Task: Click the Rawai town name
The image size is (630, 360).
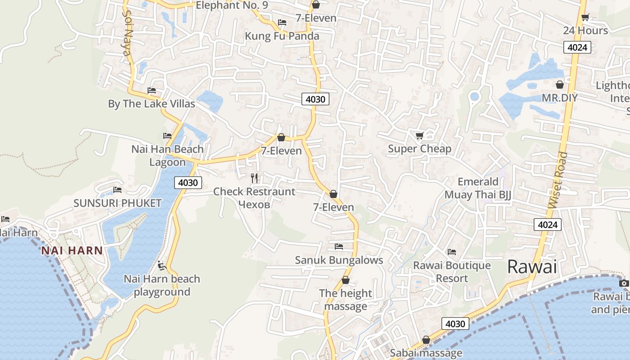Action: pyautogui.click(x=532, y=267)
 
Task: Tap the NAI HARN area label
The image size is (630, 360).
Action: pyautogui.click(x=72, y=251)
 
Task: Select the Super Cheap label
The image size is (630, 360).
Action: pyautogui.click(x=419, y=149)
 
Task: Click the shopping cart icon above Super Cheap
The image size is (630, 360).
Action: pyautogui.click(x=419, y=135)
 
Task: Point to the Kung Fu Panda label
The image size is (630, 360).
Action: pyautogui.click(x=282, y=36)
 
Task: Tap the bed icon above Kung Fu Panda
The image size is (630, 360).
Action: pyautogui.click(x=282, y=22)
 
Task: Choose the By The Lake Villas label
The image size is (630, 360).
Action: pyautogui.click(x=152, y=104)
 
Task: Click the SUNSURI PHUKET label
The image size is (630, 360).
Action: pyautogui.click(x=117, y=203)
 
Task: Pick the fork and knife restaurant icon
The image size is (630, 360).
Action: pyautogui.click(x=255, y=178)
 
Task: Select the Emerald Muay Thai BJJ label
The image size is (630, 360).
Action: pyautogui.click(x=478, y=188)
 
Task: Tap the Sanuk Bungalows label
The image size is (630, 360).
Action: pyautogui.click(x=339, y=260)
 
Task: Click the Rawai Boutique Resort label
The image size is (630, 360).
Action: pyautogui.click(x=452, y=272)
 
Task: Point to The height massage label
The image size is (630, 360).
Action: pyautogui.click(x=346, y=300)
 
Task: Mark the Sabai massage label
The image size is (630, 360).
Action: pyautogui.click(x=426, y=353)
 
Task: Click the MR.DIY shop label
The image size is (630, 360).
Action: pyautogui.click(x=559, y=98)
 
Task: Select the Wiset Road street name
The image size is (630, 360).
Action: pyautogui.click(x=558, y=180)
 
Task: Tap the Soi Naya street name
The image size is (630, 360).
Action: pyautogui.click(x=126, y=36)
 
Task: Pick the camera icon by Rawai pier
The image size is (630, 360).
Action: pyautogui.click(x=624, y=283)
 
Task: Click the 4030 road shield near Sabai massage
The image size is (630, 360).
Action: pyautogui.click(x=455, y=324)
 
